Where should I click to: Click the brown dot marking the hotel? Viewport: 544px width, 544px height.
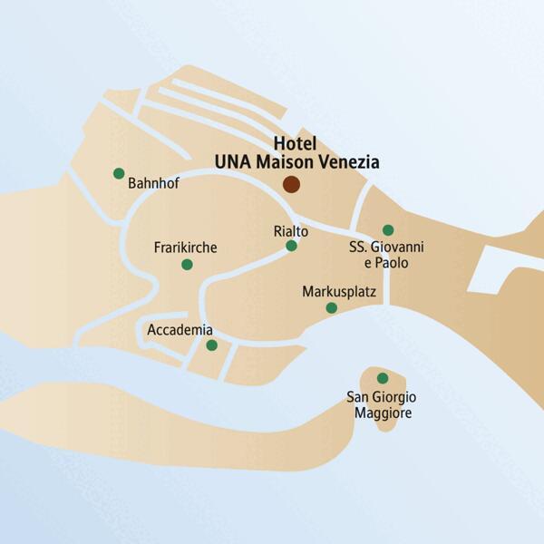[291, 184]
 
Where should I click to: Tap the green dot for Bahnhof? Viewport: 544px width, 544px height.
[119, 173]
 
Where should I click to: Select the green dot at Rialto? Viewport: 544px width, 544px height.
[291, 246]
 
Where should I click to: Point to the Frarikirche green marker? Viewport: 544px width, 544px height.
[187, 265]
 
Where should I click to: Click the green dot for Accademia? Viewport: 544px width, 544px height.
[211, 345]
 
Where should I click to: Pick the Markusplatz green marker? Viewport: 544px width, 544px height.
[332, 308]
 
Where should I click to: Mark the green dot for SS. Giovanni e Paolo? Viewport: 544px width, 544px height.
[388, 230]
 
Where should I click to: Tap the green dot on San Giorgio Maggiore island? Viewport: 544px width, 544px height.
[383, 378]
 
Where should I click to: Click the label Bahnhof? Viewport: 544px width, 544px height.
[154, 183]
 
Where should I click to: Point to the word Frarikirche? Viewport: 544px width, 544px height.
[186, 248]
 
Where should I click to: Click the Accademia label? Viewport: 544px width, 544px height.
[180, 330]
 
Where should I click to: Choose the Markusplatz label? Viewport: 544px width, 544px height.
[338, 292]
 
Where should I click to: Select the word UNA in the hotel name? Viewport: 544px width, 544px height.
[234, 162]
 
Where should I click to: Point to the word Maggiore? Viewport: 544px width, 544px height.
[384, 413]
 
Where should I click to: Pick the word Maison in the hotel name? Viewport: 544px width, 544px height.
[284, 162]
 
